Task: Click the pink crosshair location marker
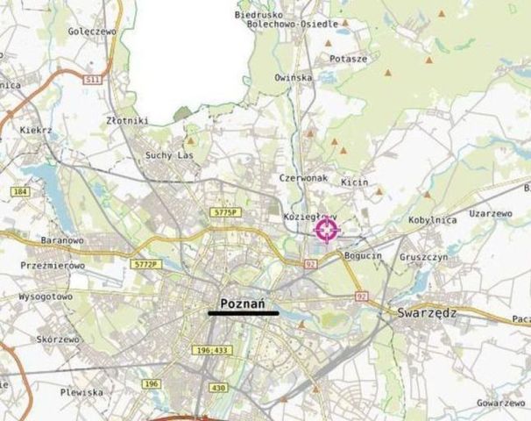click(x=327, y=231)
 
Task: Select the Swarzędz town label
click(x=419, y=311)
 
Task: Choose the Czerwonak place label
click(x=303, y=177)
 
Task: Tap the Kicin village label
click(x=355, y=182)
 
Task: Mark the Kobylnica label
click(x=432, y=220)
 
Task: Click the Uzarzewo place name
click(x=490, y=213)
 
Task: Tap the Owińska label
click(x=293, y=77)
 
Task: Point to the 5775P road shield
click(x=226, y=212)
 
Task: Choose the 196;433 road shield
click(x=211, y=350)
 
